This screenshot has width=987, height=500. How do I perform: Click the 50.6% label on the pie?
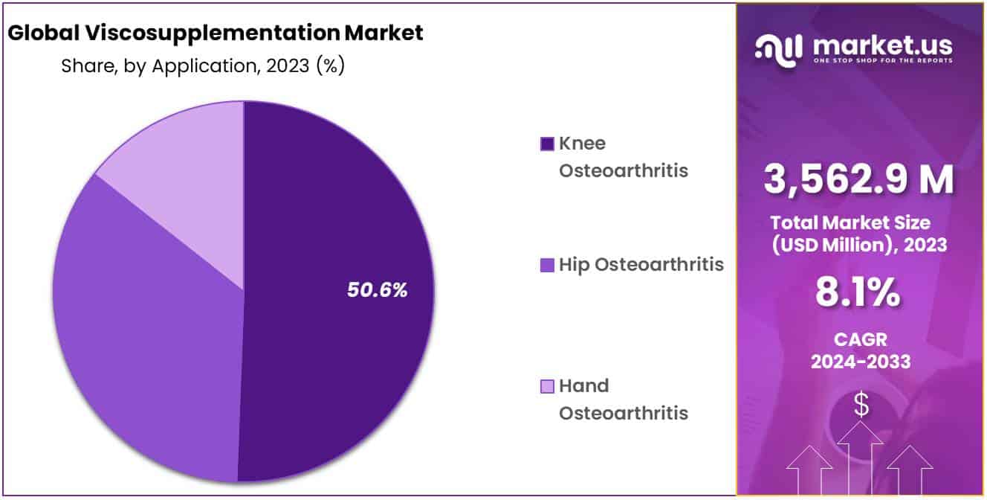point(377,290)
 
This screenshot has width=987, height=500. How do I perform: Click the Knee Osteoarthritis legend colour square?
point(547,144)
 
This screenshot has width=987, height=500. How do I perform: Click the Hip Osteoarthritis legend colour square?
point(547,265)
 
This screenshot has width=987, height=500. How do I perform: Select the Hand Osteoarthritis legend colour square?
point(547,387)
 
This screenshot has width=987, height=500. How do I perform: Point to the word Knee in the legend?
point(582,144)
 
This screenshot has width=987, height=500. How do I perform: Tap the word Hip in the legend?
point(574,265)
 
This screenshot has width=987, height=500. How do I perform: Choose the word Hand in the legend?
point(584,386)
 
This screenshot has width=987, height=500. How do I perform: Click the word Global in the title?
point(44,33)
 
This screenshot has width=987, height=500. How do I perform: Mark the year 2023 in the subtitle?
point(288,66)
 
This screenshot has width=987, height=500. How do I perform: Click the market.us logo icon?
point(779,51)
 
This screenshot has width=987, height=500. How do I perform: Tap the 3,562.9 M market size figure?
point(858,179)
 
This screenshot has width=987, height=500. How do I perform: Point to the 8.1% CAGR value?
point(858,292)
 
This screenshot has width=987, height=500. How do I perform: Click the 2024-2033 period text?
point(861,362)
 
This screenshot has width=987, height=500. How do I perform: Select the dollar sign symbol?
point(861,405)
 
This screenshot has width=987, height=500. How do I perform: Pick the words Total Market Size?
point(850,223)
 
